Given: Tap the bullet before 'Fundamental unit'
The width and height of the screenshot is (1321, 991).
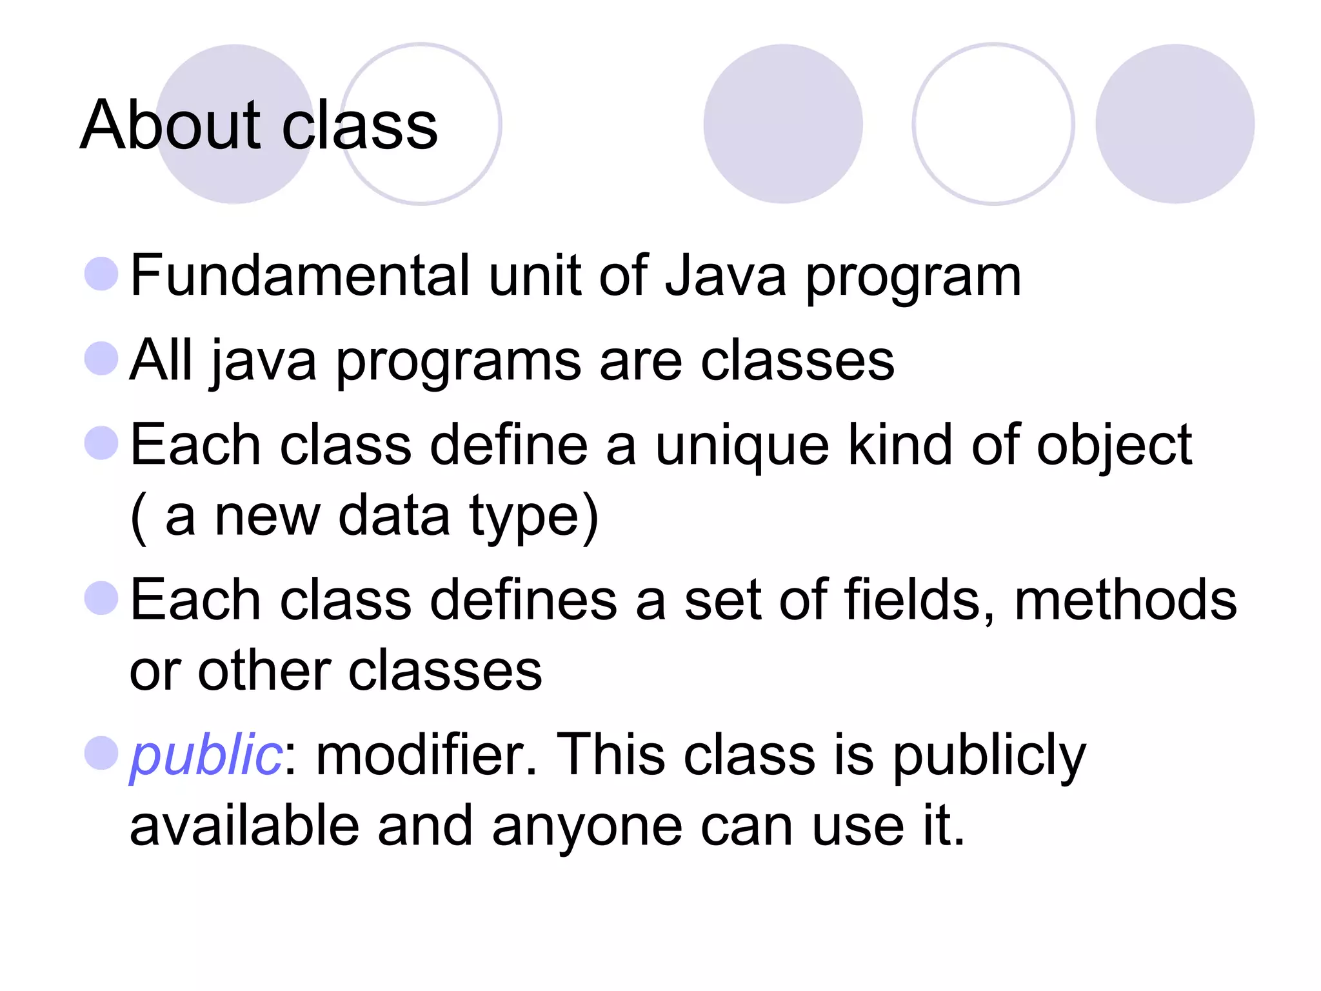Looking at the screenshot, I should tap(101, 274).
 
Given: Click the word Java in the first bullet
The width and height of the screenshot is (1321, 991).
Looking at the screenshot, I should tap(726, 276).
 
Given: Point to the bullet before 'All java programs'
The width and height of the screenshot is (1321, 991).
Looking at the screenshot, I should tap(101, 358).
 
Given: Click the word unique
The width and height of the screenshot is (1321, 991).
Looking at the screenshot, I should tap(742, 446).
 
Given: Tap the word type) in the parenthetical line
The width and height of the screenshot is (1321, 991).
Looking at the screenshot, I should tap(534, 517).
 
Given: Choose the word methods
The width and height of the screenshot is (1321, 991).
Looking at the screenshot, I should tap(1126, 600).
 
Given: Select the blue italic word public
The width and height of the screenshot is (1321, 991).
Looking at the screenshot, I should tap(205, 756).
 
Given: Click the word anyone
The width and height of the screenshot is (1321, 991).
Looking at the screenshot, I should tap(587, 827).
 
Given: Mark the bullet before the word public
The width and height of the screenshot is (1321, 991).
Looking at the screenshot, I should tap(101, 753).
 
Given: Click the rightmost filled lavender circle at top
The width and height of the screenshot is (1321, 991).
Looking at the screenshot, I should tap(1175, 124).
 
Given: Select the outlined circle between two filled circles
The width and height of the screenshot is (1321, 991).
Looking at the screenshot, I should tap(993, 124).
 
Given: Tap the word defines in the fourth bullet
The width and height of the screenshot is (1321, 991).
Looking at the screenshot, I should tap(523, 600).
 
